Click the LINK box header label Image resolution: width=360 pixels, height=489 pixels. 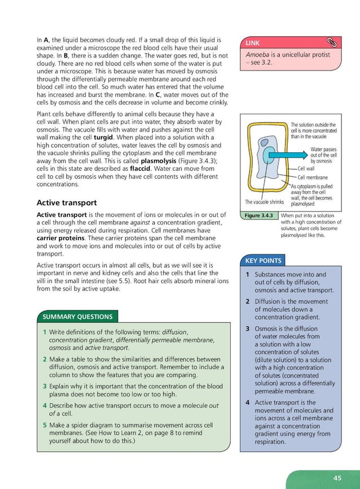252,43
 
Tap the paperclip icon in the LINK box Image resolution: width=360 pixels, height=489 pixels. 331,42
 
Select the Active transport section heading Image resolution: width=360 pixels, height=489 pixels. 66,202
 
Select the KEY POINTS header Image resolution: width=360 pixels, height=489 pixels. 263,261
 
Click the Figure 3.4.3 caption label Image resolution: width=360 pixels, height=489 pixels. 258,215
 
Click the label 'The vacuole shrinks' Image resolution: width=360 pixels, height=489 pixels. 264,202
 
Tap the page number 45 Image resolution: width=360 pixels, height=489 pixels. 337,477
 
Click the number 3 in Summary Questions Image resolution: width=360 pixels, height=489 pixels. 44,386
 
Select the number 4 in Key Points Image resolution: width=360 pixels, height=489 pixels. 248,403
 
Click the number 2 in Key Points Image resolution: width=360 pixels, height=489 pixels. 248,302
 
